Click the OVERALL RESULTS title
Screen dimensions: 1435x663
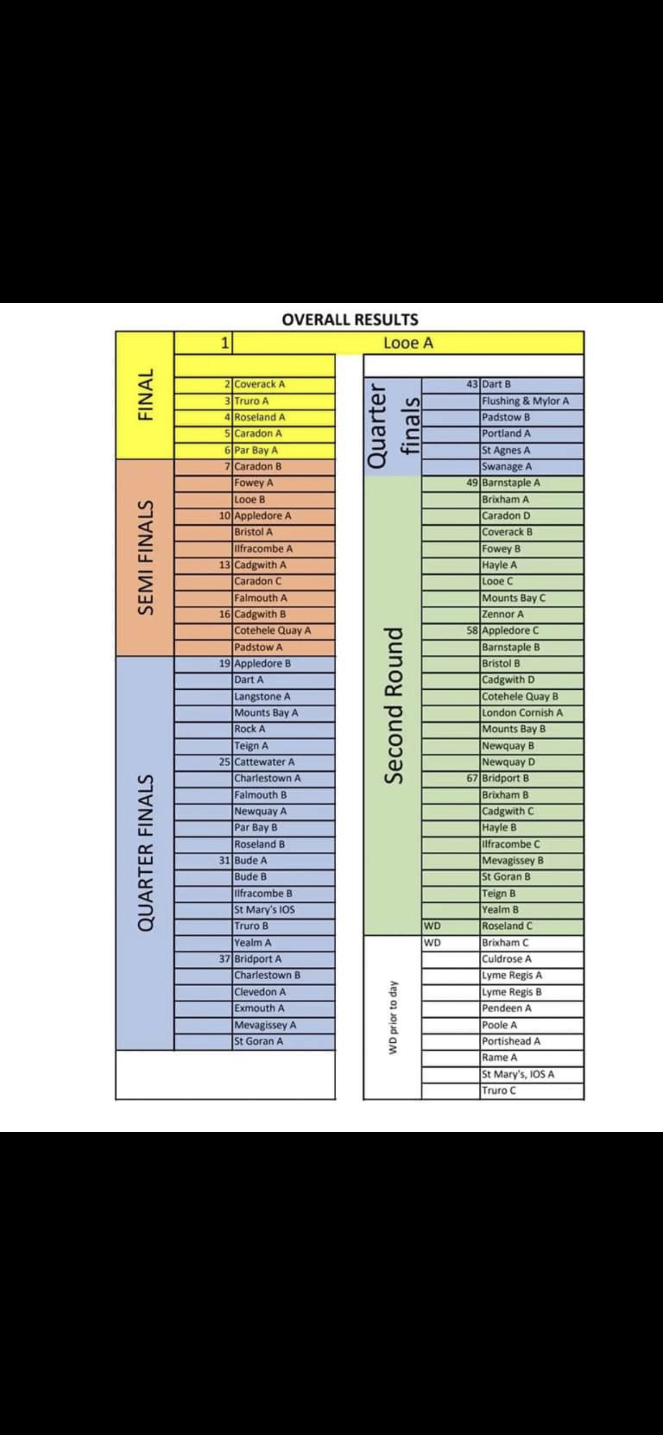[350, 319]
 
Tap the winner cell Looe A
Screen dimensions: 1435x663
[408, 343]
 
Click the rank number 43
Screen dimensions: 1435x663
[472, 384]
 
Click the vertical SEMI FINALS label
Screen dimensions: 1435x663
[146, 557]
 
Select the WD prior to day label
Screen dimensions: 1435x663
[392, 1018]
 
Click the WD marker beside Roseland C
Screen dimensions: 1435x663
[432, 926]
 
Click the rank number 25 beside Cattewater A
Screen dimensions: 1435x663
[224, 762]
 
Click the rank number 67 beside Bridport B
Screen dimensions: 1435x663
[472, 778]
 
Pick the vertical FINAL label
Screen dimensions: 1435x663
[146, 394]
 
